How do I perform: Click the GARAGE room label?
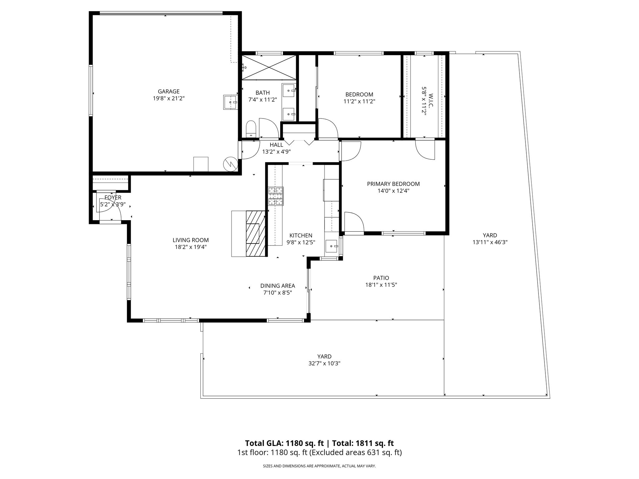coord(168,91)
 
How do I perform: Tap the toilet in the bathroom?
coord(251,129)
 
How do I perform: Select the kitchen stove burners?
coord(276,196)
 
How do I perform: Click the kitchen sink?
coord(332,247)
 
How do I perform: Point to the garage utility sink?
coord(231,102)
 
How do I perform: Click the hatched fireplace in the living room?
coord(256,234)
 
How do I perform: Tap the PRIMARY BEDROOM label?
coord(393,184)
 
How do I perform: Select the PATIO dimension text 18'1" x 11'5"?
coord(381,285)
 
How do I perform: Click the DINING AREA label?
coord(278,286)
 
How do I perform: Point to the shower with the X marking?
coord(269,67)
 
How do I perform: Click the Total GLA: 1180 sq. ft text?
coord(285,443)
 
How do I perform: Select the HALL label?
coord(276,145)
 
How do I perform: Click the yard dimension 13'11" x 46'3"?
coord(490,242)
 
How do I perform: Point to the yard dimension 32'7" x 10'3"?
coord(324,363)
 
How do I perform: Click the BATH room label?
coord(262,93)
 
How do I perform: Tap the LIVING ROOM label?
coord(191,240)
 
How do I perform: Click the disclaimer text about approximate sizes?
coord(319,466)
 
